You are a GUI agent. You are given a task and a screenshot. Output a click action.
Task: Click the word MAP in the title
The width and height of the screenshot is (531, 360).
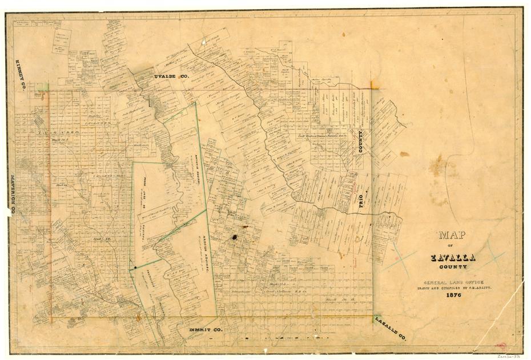click(452, 234)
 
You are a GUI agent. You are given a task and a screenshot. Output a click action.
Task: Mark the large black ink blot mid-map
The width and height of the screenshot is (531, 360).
click(234, 237)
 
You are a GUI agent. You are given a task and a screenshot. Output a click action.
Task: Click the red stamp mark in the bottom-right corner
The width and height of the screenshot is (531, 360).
click(501, 346)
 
